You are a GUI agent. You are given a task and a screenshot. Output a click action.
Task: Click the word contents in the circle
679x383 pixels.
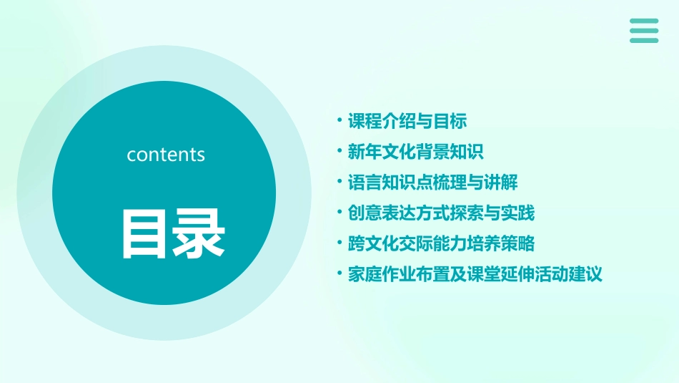pos(166,155)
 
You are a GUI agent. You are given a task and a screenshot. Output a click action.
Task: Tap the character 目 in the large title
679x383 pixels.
pos(146,233)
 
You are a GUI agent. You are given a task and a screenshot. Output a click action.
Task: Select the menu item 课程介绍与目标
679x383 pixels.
pos(407,121)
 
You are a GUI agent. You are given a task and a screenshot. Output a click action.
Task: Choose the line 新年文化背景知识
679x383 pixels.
pos(415,152)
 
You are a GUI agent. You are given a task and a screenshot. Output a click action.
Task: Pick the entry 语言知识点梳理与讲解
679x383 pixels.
pos(432,183)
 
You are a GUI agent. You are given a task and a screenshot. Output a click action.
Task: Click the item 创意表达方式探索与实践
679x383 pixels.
pos(441,213)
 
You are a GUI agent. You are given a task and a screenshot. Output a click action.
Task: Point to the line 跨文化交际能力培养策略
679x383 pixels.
pos(441,243)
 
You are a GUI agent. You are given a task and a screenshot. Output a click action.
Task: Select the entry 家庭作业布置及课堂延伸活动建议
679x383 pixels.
pos(475,274)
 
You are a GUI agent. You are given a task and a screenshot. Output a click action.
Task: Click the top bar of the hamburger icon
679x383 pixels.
pos(644,21)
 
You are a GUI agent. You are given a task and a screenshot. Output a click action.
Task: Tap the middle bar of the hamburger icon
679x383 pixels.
pos(644,31)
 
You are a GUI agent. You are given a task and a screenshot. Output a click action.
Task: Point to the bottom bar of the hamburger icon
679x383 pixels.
pos(644,40)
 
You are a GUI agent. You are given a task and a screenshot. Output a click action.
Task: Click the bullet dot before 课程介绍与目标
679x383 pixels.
pos(339,121)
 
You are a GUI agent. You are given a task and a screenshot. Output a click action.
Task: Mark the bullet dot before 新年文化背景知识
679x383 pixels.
pos(339,152)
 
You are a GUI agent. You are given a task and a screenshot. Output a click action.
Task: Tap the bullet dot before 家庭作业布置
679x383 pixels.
pos(339,274)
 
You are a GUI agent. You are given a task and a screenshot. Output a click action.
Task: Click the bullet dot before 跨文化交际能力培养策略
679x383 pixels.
pos(339,243)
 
